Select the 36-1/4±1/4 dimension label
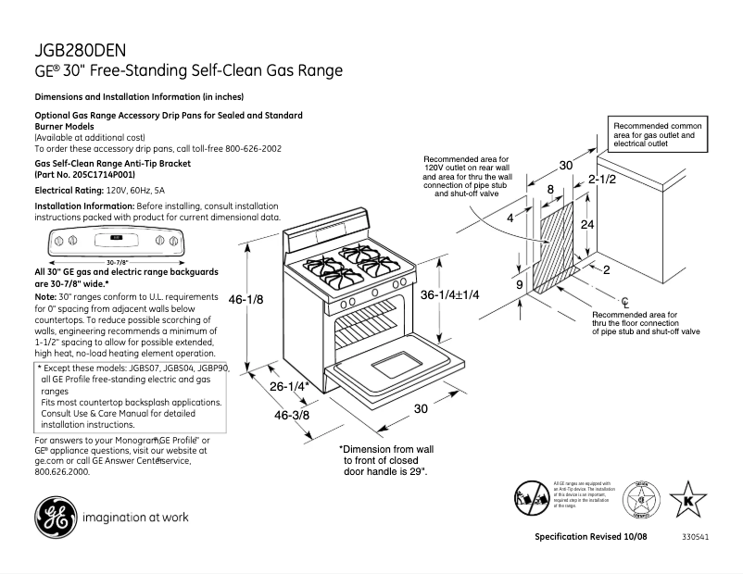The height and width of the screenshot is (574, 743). click(449, 294)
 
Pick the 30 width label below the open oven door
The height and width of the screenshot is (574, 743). click(420, 408)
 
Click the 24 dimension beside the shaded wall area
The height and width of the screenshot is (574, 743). click(586, 224)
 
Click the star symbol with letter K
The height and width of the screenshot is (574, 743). click(687, 499)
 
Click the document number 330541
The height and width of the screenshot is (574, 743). click(695, 538)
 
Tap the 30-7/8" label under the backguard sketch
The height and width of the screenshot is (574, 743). click(117, 262)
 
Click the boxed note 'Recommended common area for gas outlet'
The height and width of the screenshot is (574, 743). click(659, 135)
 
